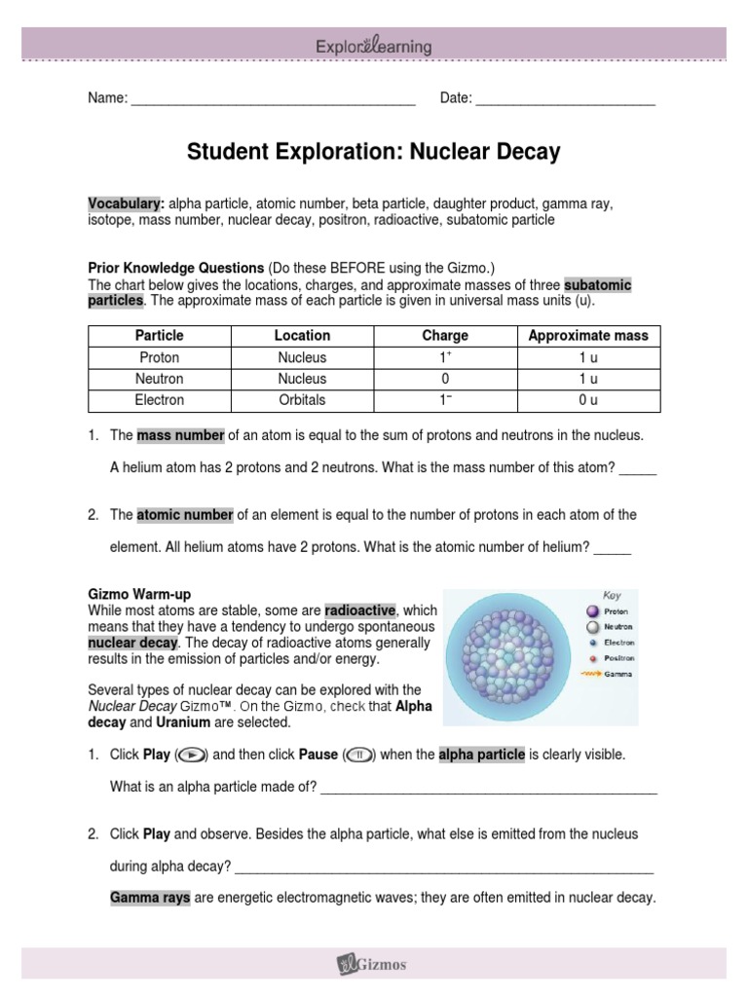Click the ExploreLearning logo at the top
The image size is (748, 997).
click(374, 46)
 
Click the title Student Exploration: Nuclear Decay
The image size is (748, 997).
click(374, 152)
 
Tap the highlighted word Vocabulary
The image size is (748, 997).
click(125, 203)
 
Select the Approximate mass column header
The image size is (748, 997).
click(587, 335)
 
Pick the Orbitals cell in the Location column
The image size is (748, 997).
click(302, 400)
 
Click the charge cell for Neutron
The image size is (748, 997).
click(444, 379)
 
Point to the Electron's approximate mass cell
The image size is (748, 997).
click(587, 400)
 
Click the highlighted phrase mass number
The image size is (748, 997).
click(180, 434)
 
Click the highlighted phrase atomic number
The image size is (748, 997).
click(184, 514)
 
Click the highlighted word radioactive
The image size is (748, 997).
click(359, 610)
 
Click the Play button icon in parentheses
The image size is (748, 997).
click(192, 755)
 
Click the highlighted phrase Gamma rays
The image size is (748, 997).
click(150, 898)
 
